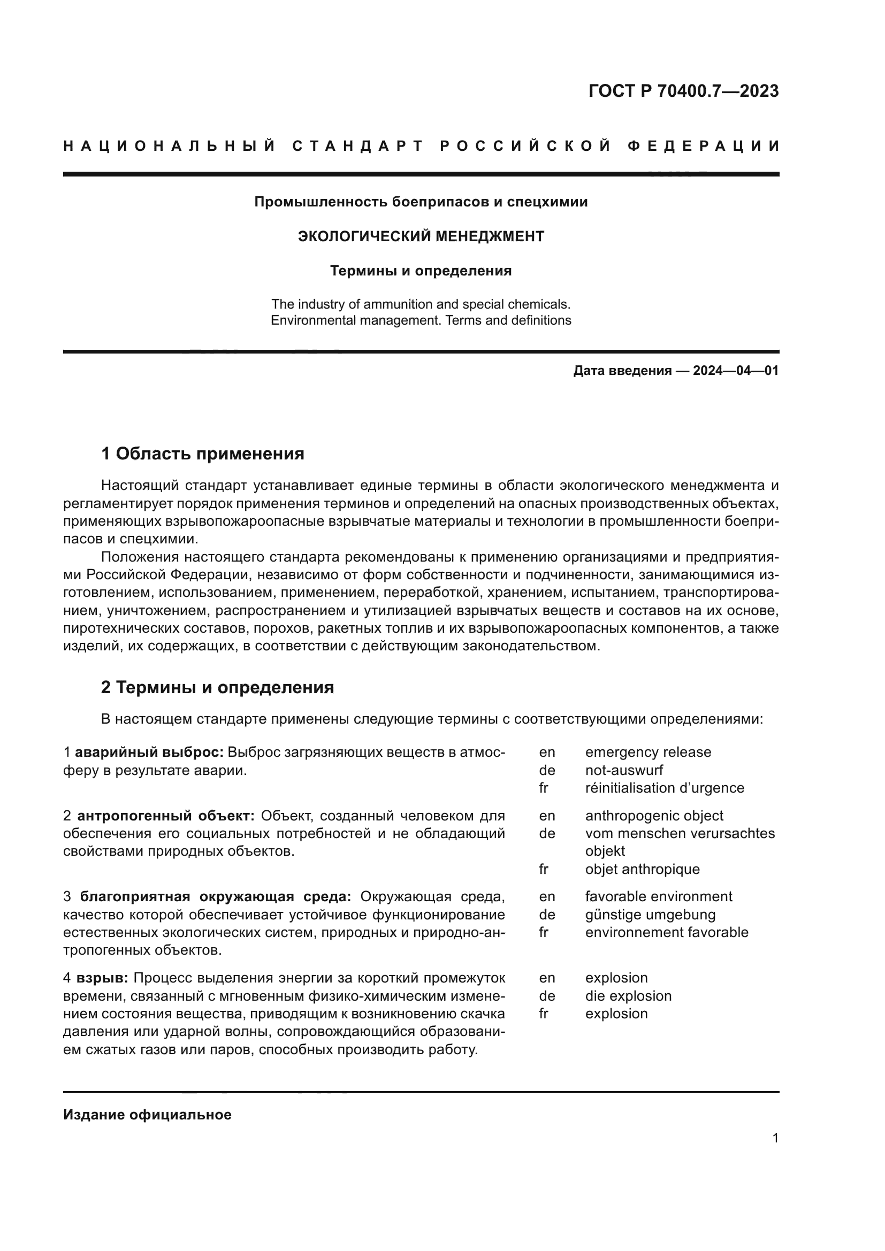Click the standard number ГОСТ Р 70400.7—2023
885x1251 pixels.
coord(683,91)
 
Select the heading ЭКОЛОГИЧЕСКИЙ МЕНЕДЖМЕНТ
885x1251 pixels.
coord(421,236)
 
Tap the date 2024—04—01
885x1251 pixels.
coord(735,371)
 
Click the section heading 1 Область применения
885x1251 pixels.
coord(202,454)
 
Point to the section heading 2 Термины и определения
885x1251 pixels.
coord(217,688)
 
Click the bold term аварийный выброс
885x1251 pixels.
coord(149,753)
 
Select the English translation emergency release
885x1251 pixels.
coord(648,753)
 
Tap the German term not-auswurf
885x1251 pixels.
coord(624,770)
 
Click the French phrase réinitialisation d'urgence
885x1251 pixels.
coord(665,788)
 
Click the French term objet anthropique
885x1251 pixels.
coord(642,869)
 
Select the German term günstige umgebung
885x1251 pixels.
coord(650,914)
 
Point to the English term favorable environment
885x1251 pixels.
coord(658,896)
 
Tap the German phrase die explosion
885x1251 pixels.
coord(628,996)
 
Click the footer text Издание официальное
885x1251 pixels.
coord(147,1115)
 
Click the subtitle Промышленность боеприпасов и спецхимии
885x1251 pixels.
coord(421,202)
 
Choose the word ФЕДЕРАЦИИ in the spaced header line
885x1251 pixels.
coord(704,146)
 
